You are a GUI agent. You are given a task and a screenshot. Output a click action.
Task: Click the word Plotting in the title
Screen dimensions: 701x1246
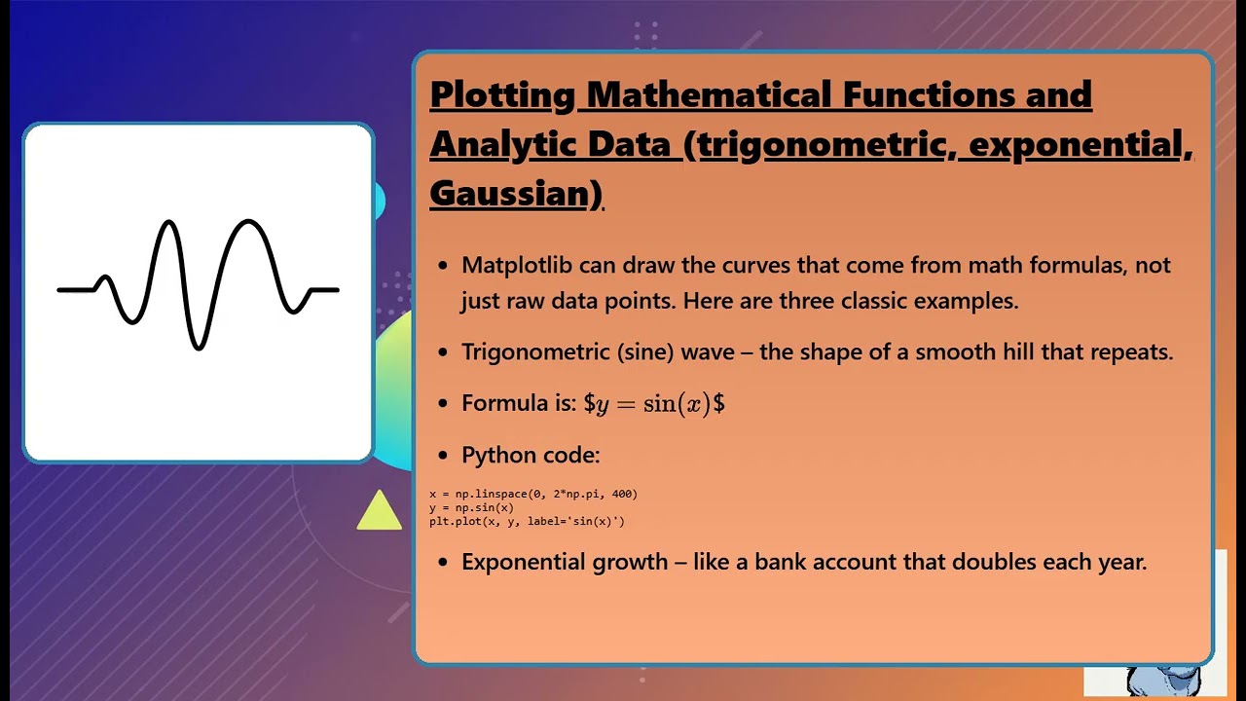click(x=503, y=95)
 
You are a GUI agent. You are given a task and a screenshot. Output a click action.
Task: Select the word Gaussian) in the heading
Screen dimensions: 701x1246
click(x=516, y=193)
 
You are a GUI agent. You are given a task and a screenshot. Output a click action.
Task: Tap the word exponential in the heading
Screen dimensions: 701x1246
click(x=1075, y=144)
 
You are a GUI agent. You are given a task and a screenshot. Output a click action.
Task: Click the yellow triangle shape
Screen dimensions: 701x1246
click(x=379, y=512)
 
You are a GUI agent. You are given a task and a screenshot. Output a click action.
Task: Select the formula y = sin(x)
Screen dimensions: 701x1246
click(x=654, y=404)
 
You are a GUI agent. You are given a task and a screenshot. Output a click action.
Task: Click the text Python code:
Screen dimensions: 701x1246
click(x=531, y=455)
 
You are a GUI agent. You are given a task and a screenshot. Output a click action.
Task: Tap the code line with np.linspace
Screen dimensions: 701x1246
click(x=533, y=494)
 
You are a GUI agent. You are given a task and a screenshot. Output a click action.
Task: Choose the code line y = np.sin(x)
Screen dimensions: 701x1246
click(x=471, y=507)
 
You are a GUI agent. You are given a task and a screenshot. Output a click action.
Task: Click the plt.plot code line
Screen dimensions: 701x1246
click(x=527, y=521)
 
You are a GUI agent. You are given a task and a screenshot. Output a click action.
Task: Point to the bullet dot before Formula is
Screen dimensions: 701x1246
click(x=444, y=404)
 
